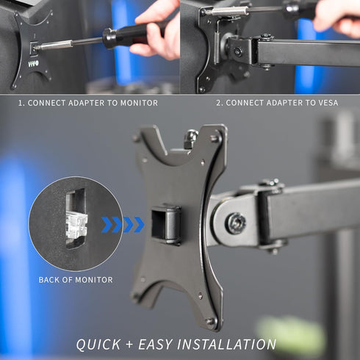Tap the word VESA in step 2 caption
coord(325,103)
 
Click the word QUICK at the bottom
coord(100,345)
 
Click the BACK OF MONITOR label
coord(76,280)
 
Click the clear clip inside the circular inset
coord(76,225)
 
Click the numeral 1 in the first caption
coord(21,103)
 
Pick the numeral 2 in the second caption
coord(219,103)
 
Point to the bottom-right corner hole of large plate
coord(211,320)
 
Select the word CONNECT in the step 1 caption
coord(47,103)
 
